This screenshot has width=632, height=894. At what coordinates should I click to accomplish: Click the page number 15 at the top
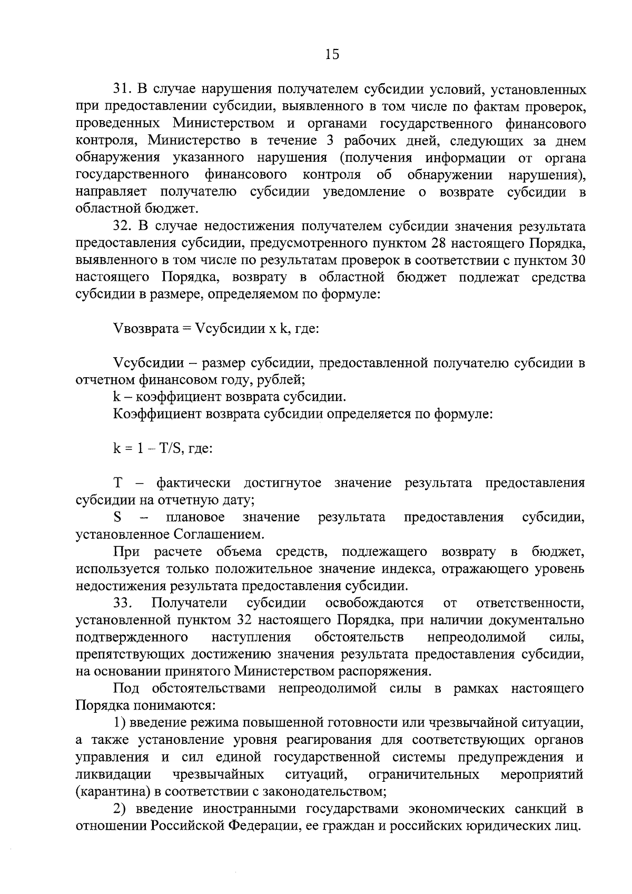tap(333, 55)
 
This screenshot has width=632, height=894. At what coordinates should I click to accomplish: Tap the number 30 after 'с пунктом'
tap(578, 260)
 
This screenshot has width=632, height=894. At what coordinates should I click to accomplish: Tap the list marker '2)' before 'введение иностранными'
tap(120, 809)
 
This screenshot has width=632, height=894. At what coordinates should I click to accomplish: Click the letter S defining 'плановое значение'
tap(117, 517)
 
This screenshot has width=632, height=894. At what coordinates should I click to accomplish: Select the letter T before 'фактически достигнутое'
tap(117, 483)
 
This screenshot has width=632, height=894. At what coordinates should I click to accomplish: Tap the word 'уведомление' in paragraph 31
tap(363, 192)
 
